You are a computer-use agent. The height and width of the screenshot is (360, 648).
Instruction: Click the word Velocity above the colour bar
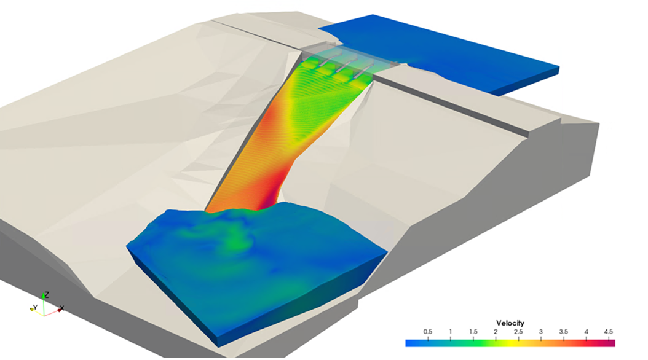point(511,323)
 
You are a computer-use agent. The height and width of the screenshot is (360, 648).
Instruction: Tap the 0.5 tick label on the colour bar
point(427,332)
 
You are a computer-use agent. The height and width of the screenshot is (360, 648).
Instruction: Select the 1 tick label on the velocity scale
point(450,332)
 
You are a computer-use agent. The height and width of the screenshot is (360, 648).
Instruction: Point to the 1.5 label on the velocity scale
point(473,332)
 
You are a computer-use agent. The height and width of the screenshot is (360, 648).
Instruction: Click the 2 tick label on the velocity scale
point(496,332)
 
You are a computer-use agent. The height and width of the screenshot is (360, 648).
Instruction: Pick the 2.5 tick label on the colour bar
point(518,332)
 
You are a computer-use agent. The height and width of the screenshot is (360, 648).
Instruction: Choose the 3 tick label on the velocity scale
point(541,332)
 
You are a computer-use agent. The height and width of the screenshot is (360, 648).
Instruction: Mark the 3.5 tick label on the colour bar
point(564,332)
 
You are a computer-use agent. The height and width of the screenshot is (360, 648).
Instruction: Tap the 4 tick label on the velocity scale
point(587,332)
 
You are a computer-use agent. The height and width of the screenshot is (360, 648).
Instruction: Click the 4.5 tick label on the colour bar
point(609,332)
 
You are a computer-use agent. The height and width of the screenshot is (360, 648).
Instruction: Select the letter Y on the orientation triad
point(36,307)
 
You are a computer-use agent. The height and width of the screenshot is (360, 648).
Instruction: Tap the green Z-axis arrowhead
point(41,297)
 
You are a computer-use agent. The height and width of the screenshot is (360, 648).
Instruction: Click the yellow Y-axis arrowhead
point(31,309)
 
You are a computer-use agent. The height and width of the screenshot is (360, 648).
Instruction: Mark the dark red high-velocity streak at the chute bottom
point(269,197)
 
